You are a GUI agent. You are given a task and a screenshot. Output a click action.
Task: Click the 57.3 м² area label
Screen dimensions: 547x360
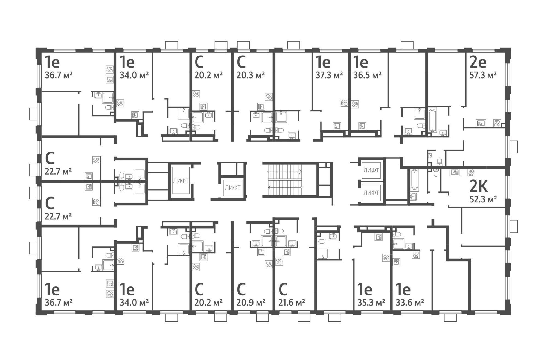pyautogui.click(x=483, y=75)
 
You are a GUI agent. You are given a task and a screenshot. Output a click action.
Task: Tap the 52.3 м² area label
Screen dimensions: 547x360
pyautogui.click(x=483, y=199)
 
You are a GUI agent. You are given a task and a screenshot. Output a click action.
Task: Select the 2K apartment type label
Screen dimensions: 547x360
pyautogui.click(x=479, y=187)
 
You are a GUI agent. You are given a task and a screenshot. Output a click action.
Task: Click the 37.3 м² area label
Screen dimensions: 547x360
pyautogui.click(x=329, y=75)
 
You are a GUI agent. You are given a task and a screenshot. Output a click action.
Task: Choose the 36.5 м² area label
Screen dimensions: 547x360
pyautogui.click(x=368, y=75)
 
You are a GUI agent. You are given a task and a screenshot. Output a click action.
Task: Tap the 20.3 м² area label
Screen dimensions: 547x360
pyautogui.click(x=251, y=75)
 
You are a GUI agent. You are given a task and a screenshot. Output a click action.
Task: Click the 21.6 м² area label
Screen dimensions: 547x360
pyautogui.click(x=292, y=303)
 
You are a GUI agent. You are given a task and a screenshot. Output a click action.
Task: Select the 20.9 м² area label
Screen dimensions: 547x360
pyautogui.click(x=251, y=303)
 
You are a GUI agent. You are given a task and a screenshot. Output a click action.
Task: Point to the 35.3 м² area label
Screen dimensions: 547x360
pyautogui.click(x=371, y=303)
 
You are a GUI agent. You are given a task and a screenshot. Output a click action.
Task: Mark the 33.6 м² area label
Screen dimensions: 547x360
pyautogui.click(x=410, y=303)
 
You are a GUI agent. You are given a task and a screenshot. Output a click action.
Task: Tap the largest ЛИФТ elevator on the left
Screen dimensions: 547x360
pyautogui.click(x=181, y=181)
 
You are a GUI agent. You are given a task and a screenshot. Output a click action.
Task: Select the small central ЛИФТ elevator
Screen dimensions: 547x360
pyautogui.click(x=233, y=188)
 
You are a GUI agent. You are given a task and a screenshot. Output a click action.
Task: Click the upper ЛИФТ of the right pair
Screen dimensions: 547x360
pyautogui.click(x=371, y=170)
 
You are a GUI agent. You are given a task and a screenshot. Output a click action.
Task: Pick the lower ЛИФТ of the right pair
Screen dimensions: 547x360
pyautogui.click(x=371, y=193)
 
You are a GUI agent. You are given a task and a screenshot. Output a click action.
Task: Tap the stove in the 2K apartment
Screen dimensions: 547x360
pyautogui.click(x=471, y=172)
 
